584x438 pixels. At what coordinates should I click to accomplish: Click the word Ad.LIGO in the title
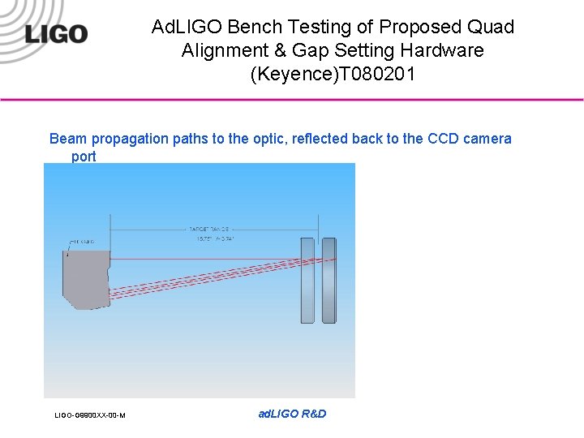[x=186, y=27]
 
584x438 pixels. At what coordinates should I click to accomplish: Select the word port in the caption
[x=84, y=157]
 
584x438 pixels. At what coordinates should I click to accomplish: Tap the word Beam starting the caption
[x=67, y=139]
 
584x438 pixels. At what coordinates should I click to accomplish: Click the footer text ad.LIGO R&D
[x=292, y=414]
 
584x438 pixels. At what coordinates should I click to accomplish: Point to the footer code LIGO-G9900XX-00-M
[x=89, y=415]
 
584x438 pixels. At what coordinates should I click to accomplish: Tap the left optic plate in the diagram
[x=307, y=279]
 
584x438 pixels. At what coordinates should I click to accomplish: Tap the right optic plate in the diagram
[x=328, y=279]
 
